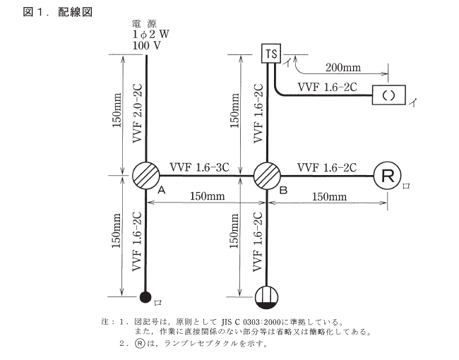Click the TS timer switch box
tap(270, 53)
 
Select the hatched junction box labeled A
tap(145, 174)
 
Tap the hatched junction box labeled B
tap(267, 174)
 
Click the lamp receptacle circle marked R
tap(387, 175)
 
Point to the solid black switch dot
tap(145, 297)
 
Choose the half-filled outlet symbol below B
tap(267, 296)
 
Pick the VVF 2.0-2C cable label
tap(138, 113)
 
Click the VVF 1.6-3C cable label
tap(199, 167)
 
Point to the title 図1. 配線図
tap(49, 12)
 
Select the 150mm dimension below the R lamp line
tap(328, 195)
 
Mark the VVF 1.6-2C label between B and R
tap(326, 167)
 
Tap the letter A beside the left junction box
tap(161, 191)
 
